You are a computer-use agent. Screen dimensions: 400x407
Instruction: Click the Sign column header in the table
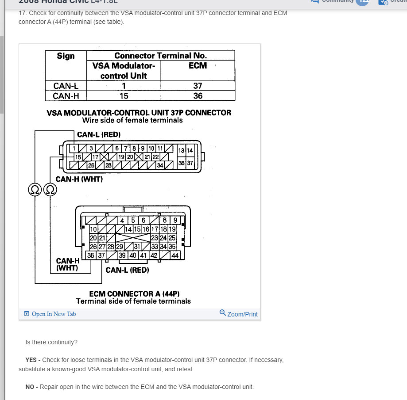pyautogui.click(x=66, y=56)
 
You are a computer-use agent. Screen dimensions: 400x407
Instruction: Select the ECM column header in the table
pyautogui.click(x=198, y=65)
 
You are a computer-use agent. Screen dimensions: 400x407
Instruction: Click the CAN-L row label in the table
pyautogui.click(x=66, y=86)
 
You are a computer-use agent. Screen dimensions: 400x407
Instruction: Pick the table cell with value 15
pyautogui.click(x=124, y=95)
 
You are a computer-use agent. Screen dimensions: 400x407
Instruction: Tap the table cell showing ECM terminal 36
pyautogui.click(x=198, y=95)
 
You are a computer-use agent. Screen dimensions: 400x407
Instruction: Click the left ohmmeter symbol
pyautogui.click(x=34, y=190)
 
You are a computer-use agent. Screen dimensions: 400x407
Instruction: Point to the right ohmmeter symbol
pyautogui.click(x=50, y=190)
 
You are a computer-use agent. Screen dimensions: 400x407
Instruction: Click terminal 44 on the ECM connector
pyautogui.click(x=175, y=255)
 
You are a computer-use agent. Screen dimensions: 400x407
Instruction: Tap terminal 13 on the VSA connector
pyautogui.click(x=181, y=150)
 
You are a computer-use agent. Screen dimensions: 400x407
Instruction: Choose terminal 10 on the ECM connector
pyautogui.click(x=93, y=229)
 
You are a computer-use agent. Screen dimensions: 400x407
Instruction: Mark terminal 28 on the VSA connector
pyautogui.click(x=108, y=165)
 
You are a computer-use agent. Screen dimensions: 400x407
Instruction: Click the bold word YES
pyautogui.click(x=31, y=360)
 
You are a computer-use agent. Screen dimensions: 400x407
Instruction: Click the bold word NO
pyautogui.click(x=30, y=387)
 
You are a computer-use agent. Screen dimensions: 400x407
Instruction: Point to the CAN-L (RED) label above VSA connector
pyautogui.click(x=99, y=134)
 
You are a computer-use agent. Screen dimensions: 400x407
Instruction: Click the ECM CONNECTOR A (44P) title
pyautogui.click(x=134, y=293)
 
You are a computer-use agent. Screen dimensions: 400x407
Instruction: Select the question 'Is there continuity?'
pyautogui.click(x=51, y=342)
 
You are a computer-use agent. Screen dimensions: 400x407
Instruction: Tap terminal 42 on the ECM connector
pyautogui.click(x=154, y=255)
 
